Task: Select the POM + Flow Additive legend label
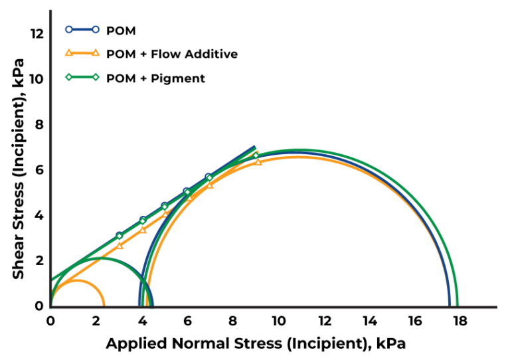(x=172, y=54)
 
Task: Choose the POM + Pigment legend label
(x=155, y=78)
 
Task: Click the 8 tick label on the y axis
(x=39, y=124)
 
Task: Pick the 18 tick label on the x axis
(x=460, y=321)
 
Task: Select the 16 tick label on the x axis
(x=414, y=321)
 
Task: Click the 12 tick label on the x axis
(x=323, y=321)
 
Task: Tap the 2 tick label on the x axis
(x=96, y=321)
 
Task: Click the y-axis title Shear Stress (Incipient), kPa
(x=19, y=166)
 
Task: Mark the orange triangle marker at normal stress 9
(x=258, y=161)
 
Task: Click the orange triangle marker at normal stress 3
(x=120, y=245)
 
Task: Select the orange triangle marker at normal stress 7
(x=211, y=185)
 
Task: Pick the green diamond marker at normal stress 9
(x=256, y=155)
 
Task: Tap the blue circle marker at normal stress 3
(x=120, y=235)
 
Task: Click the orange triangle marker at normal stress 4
(x=143, y=230)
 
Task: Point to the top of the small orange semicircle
(x=76, y=280)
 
